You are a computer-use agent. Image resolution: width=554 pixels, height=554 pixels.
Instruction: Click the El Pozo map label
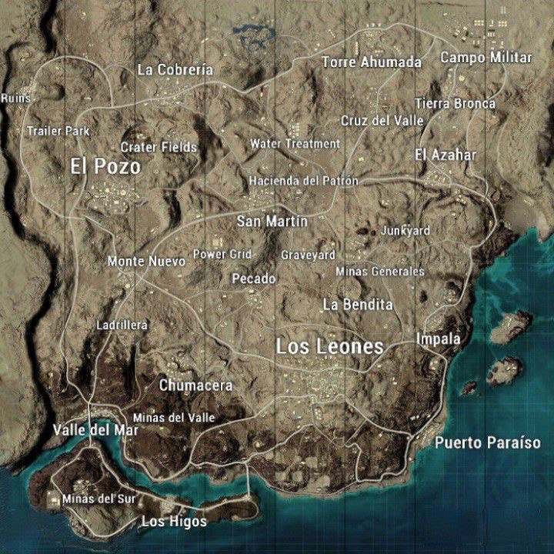tap(105, 165)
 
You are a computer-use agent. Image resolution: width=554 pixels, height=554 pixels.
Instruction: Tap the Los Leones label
tap(329, 347)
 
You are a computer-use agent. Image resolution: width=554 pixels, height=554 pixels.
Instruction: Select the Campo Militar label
tap(486, 58)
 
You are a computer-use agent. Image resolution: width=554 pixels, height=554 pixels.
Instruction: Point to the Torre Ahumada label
tap(372, 62)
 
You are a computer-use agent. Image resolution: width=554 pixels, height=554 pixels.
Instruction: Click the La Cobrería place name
tap(175, 70)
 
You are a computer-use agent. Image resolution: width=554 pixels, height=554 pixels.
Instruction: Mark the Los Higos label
tap(174, 522)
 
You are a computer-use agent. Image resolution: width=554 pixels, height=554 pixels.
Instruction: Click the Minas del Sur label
tap(99, 499)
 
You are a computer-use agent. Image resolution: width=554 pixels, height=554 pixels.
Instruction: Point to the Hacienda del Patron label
tap(303, 181)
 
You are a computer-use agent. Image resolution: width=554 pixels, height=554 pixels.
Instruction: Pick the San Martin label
tap(272, 222)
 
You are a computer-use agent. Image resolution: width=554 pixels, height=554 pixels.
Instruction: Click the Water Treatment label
tap(295, 144)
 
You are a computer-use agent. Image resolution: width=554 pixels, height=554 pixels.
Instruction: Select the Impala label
tap(438, 339)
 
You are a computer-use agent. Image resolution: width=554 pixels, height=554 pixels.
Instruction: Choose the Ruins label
tap(15, 98)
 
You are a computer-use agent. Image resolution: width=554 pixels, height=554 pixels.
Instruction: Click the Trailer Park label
tap(58, 131)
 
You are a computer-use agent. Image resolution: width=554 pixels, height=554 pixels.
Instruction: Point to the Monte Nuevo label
tap(146, 262)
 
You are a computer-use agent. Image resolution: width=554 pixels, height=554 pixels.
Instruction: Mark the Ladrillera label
tap(122, 325)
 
